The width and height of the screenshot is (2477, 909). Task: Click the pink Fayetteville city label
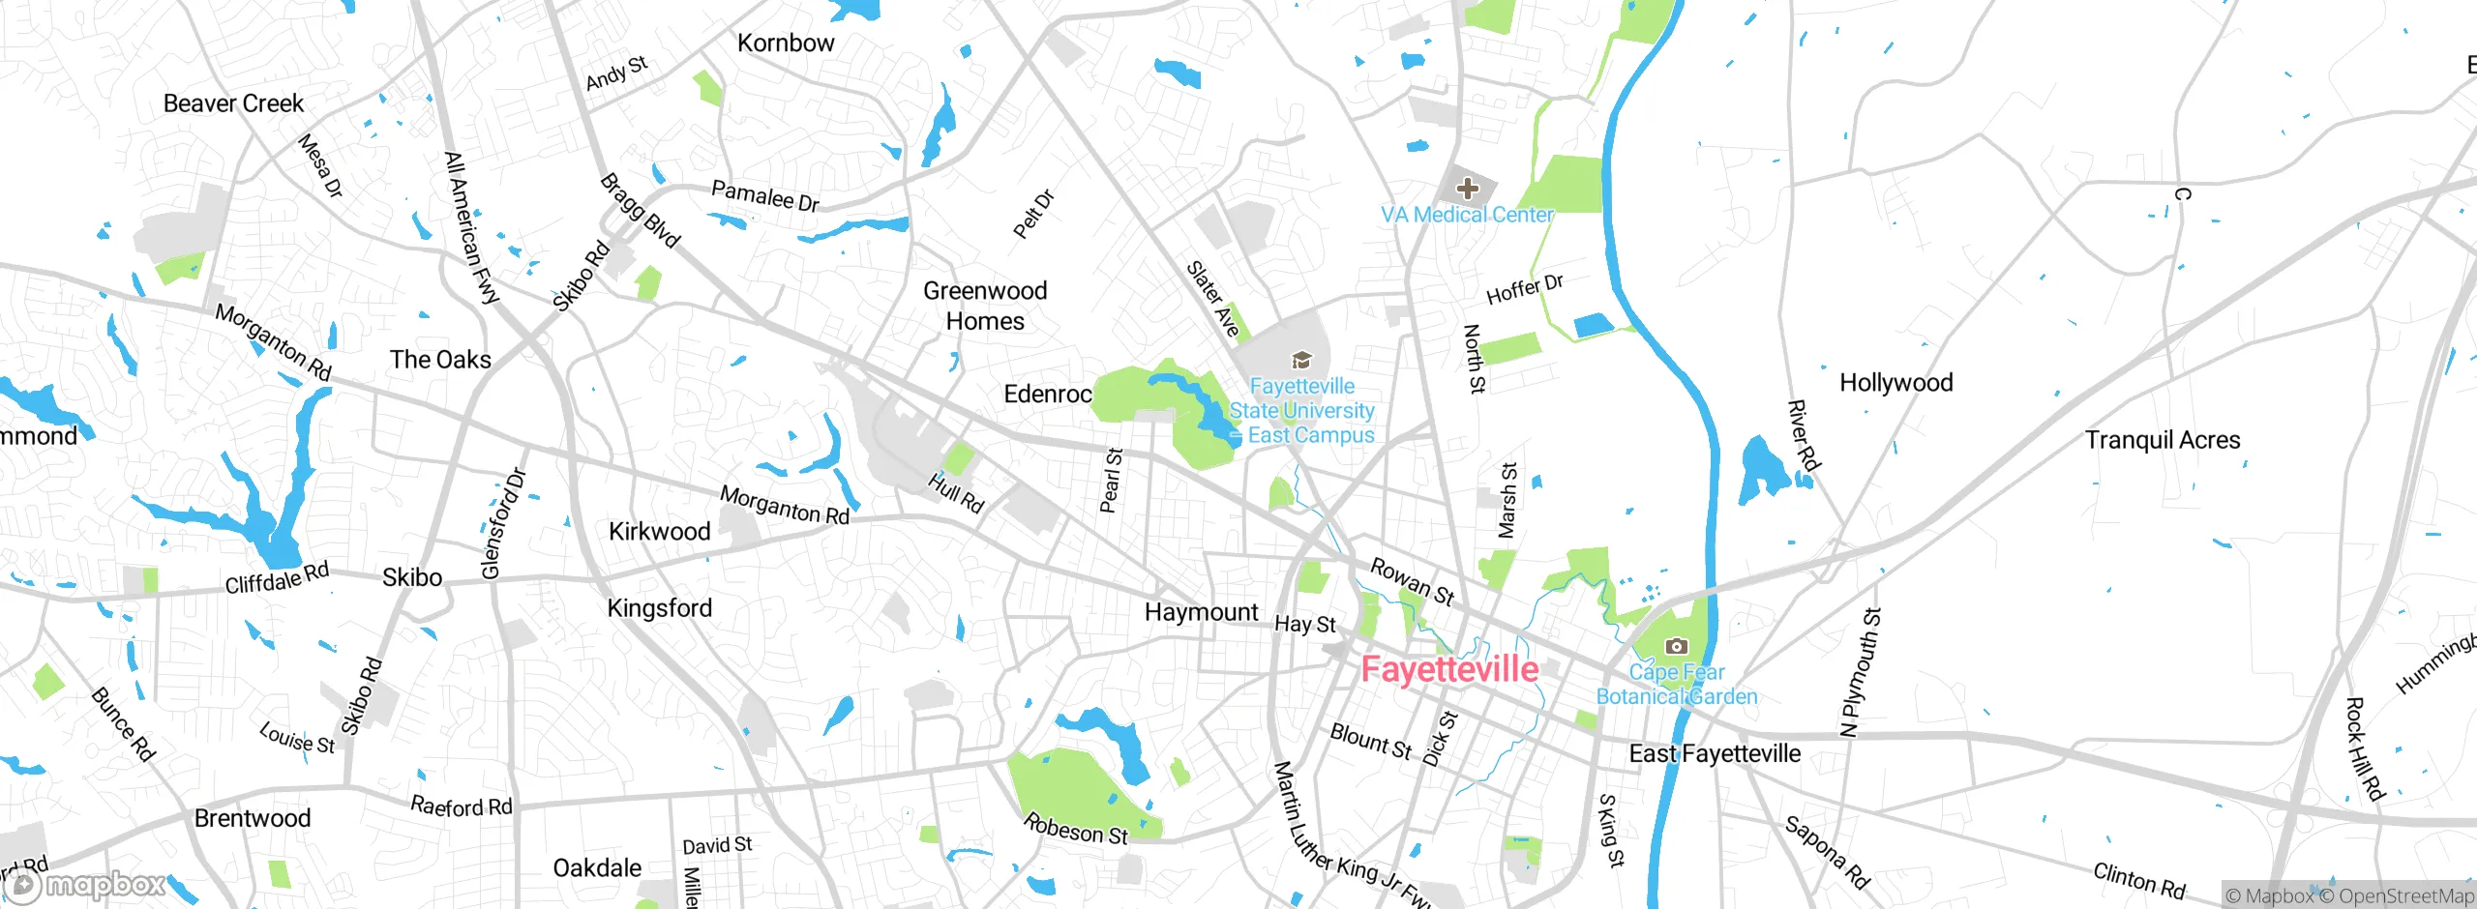pyautogui.click(x=1448, y=669)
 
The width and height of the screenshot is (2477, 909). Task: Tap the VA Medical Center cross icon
pyautogui.click(x=1467, y=188)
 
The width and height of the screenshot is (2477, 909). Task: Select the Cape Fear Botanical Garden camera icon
pyautogui.click(x=1676, y=646)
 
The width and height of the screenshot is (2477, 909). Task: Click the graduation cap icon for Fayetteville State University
pyautogui.click(x=1301, y=362)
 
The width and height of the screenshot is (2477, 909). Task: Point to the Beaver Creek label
pyautogui.click(x=233, y=103)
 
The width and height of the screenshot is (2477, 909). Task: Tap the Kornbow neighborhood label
pyautogui.click(x=785, y=44)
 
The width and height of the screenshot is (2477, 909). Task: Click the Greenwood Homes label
pyautogui.click(x=985, y=306)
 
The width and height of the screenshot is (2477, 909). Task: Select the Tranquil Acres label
pyautogui.click(x=2163, y=441)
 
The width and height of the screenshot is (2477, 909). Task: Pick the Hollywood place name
pyautogui.click(x=1895, y=383)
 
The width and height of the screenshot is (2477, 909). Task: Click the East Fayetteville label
pyautogui.click(x=1715, y=754)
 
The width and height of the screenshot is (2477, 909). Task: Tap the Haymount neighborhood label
pyautogui.click(x=1201, y=612)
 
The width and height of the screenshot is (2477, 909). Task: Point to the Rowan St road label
pyautogui.click(x=1412, y=581)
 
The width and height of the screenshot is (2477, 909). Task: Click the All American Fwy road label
pyautogui.click(x=470, y=228)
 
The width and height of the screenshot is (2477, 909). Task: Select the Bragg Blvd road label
pyautogui.click(x=640, y=211)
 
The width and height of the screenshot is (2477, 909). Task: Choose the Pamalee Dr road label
pyautogui.click(x=764, y=196)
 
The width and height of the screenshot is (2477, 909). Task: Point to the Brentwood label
pyautogui.click(x=253, y=819)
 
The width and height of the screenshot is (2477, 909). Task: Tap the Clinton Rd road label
pyautogui.click(x=2139, y=880)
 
